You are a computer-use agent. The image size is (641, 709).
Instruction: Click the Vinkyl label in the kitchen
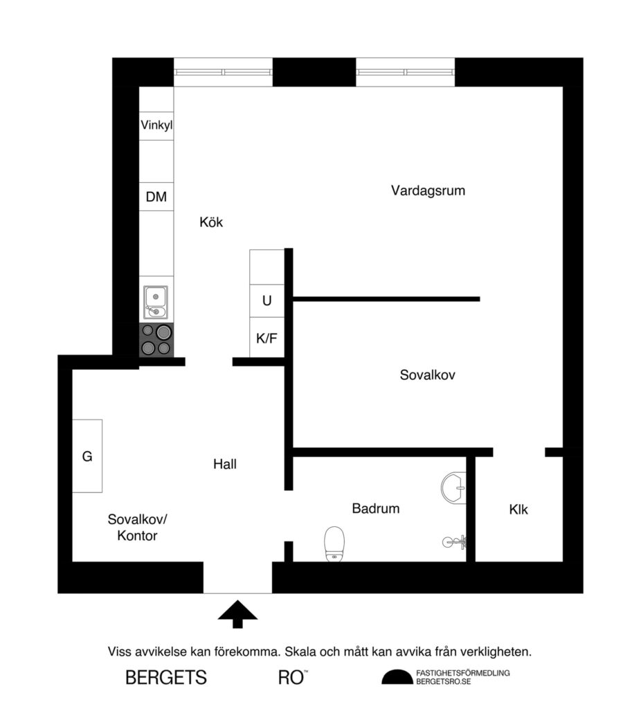click(156, 126)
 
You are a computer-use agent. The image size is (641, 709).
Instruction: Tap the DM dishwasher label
click(156, 197)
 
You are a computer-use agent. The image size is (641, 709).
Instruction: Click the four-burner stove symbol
click(156, 339)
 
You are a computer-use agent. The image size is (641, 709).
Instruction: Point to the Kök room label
click(212, 222)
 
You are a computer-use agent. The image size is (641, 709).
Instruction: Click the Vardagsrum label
click(427, 190)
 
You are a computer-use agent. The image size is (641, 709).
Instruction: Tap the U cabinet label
click(267, 301)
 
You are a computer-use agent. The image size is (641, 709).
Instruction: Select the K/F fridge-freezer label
click(267, 339)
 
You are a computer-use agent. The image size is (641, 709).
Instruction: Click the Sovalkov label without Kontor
click(427, 375)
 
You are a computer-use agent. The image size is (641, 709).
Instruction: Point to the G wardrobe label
click(87, 456)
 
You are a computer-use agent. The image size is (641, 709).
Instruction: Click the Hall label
click(225, 464)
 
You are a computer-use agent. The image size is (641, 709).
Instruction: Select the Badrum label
click(376, 508)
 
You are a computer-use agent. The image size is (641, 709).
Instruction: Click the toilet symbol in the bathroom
click(335, 544)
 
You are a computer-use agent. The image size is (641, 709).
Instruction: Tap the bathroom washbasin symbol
click(453, 487)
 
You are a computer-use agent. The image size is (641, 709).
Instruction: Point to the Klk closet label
click(518, 510)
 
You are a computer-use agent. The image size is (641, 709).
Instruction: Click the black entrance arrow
click(238, 613)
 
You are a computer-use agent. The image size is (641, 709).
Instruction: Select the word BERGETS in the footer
click(166, 678)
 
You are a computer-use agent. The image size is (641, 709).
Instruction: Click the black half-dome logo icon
click(396, 677)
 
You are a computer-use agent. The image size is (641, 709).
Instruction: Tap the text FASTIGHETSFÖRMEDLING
click(462, 672)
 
